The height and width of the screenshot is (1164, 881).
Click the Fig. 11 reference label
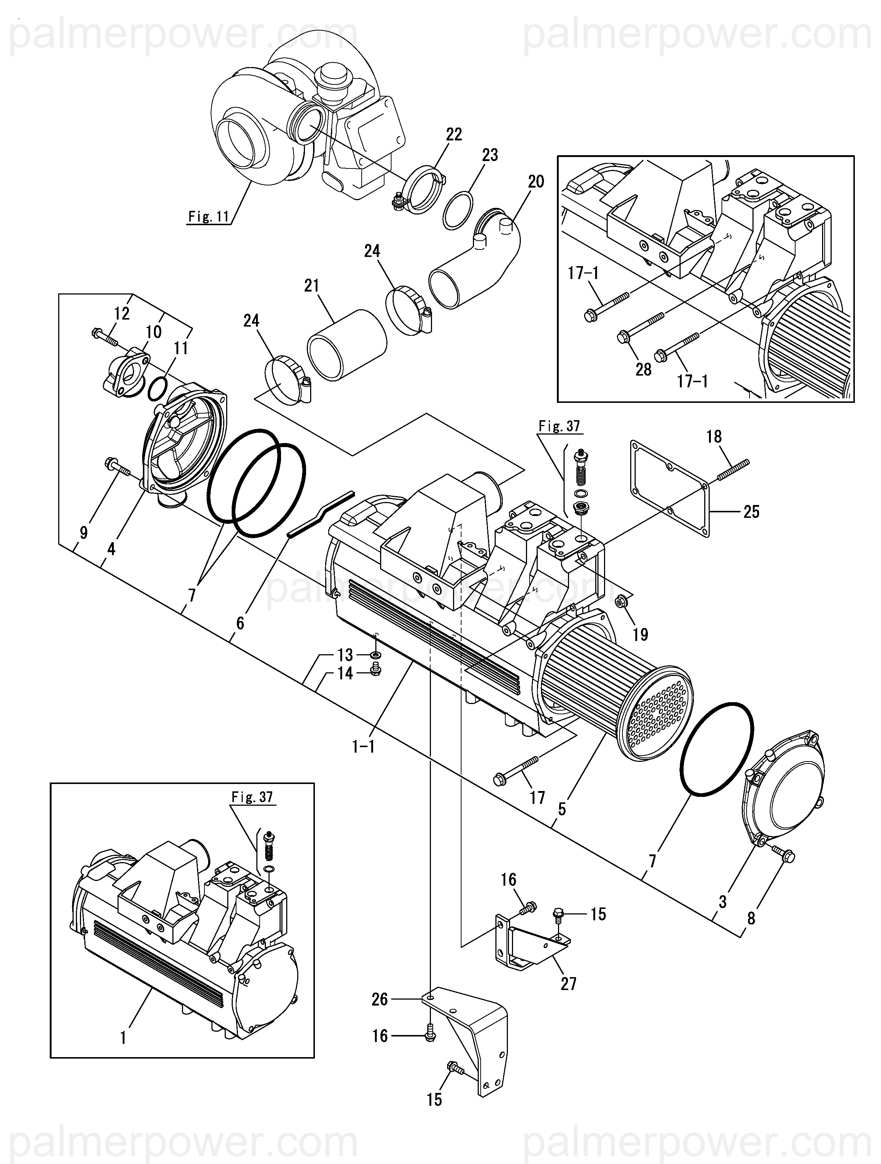[209, 216]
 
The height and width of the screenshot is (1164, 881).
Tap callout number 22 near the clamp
[453, 134]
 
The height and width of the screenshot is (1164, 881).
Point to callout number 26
[380, 999]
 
